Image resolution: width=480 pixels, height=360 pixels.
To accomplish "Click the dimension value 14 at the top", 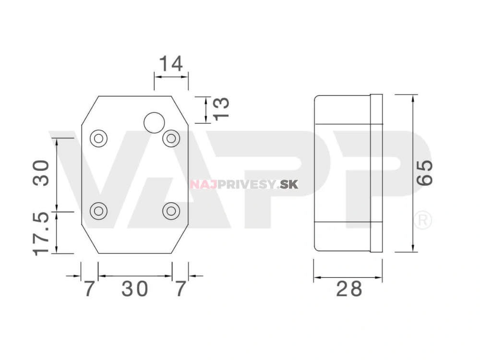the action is [x=171, y=64].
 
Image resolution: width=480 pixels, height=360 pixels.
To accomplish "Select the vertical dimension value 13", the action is [x=221, y=108].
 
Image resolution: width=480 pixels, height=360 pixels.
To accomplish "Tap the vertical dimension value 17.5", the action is [x=41, y=234].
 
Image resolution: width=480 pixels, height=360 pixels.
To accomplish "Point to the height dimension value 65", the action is [x=425, y=173].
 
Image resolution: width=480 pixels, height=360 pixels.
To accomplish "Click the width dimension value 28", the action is [x=349, y=288].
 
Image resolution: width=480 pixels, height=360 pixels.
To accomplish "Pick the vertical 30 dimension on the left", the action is [x=41, y=173].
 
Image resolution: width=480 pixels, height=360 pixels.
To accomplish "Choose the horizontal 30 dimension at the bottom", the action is [x=135, y=288].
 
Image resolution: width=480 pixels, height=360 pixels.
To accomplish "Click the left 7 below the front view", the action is [x=89, y=288].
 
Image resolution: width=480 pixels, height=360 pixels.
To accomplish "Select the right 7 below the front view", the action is [x=180, y=288].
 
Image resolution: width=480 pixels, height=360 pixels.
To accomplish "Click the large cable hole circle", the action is [x=154, y=123].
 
